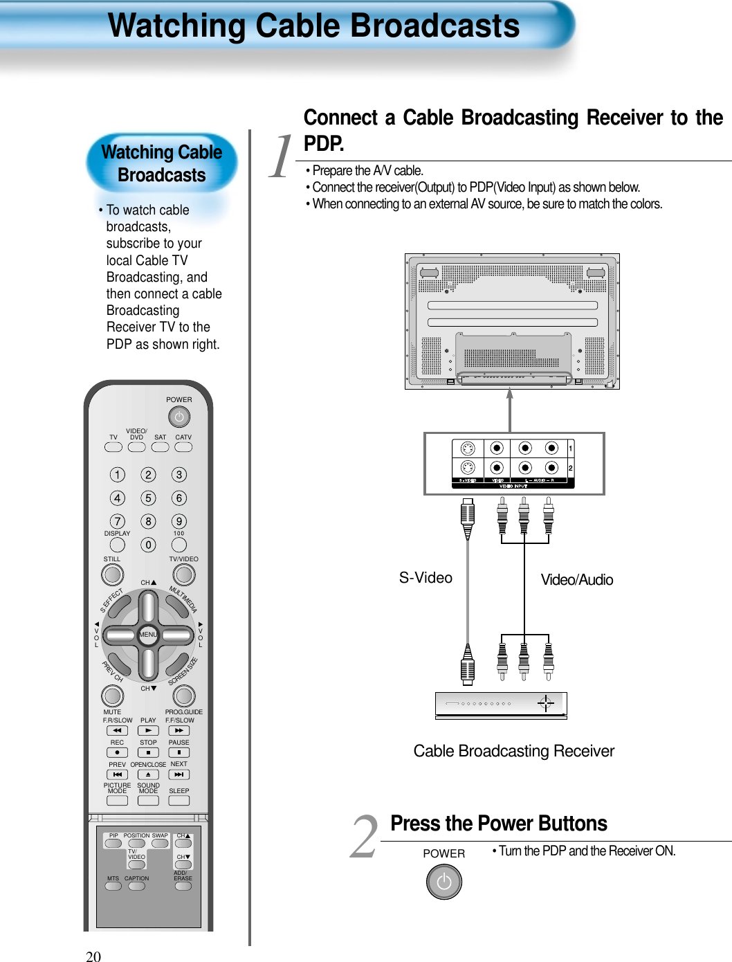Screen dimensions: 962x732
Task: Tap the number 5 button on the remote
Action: coord(148,498)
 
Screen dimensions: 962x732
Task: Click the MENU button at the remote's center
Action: coord(148,635)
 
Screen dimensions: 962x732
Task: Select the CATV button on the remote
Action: coord(183,447)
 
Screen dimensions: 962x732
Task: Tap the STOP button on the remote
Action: coord(148,752)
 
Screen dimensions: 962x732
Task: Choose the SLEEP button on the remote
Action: coord(179,801)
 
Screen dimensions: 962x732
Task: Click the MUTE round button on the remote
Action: coord(112,696)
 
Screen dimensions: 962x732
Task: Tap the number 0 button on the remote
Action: coord(148,545)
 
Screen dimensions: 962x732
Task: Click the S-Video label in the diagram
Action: coord(426,578)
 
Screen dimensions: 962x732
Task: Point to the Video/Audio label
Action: coord(576,580)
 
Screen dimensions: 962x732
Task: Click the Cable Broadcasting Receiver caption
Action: coord(513,751)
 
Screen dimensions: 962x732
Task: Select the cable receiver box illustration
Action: coord(501,705)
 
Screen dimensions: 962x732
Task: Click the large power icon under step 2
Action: coord(443,882)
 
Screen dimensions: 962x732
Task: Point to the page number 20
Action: coord(93,956)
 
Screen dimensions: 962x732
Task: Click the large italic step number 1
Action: coord(282,157)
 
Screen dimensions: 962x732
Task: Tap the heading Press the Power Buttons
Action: coord(498,824)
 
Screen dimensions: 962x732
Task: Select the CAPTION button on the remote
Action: coord(137,887)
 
